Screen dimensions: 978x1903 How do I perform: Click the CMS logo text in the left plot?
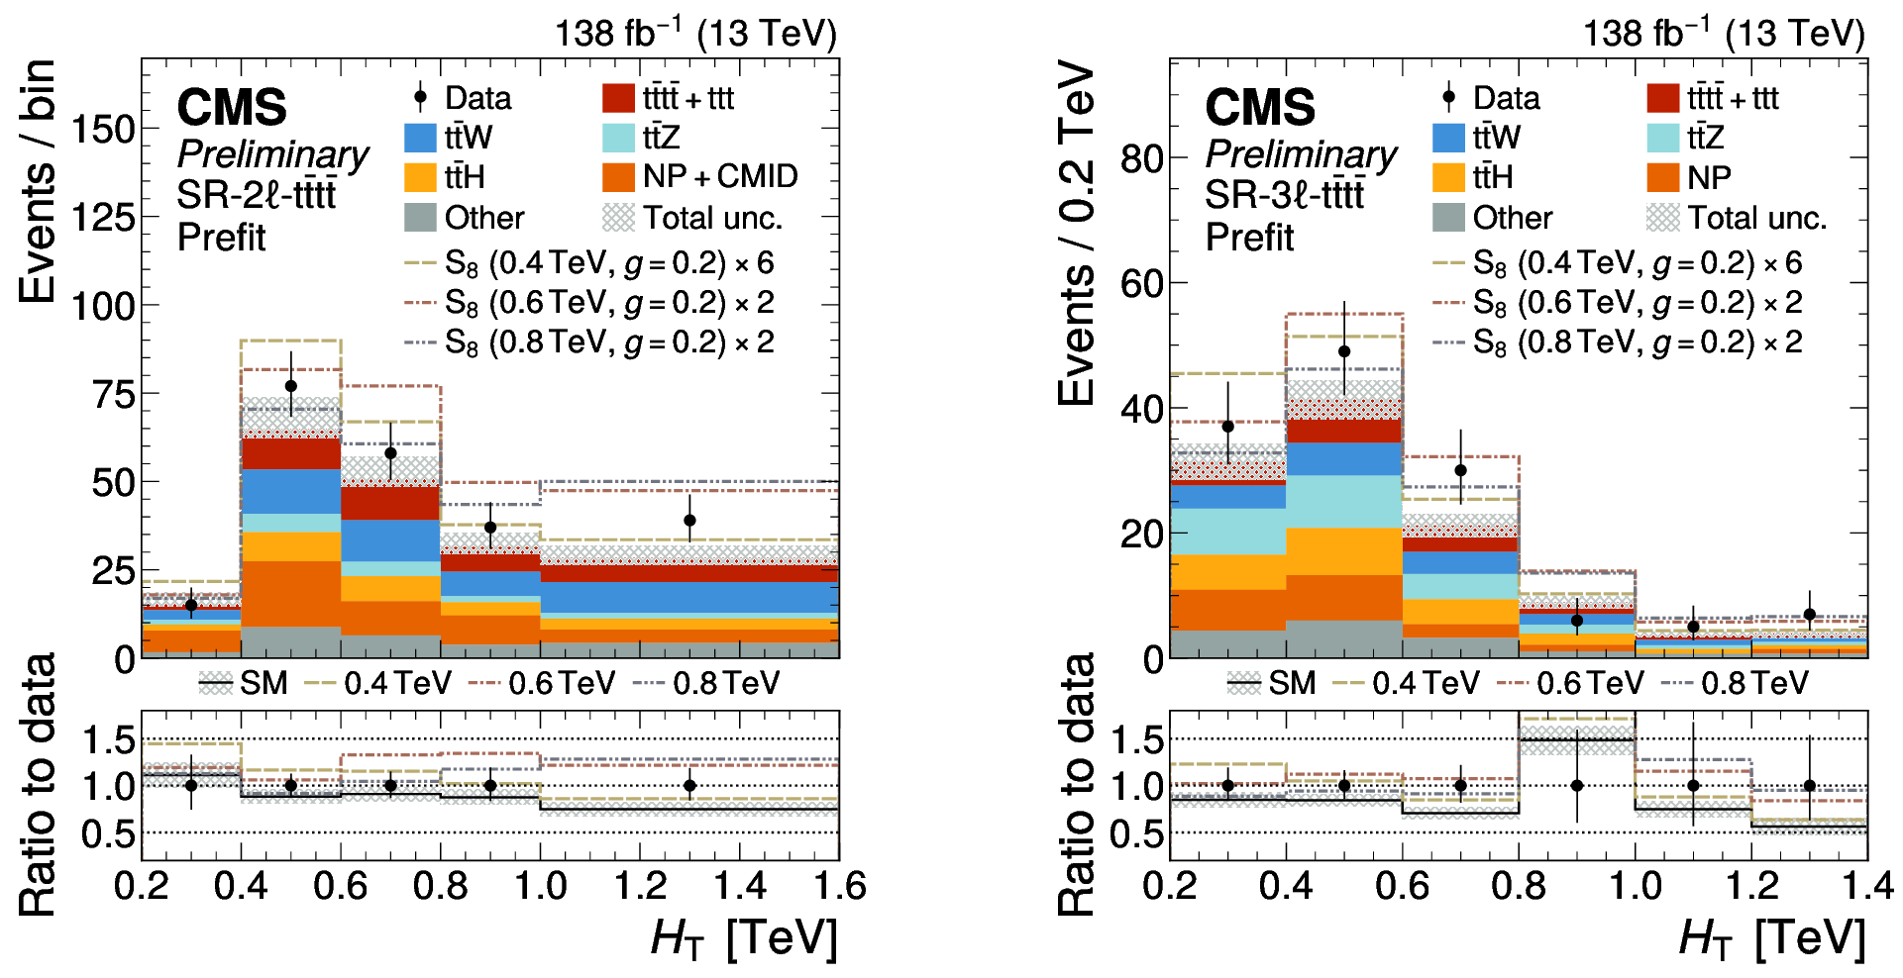[x=232, y=107]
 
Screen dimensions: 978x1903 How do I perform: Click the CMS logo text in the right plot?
[x=1260, y=107]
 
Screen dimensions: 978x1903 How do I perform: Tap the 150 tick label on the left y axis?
[x=103, y=129]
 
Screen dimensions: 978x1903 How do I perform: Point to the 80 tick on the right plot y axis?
[x=1141, y=157]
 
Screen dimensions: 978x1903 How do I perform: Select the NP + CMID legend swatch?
[x=618, y=177]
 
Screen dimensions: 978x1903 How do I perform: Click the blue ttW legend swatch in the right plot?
[x=1448, y=138]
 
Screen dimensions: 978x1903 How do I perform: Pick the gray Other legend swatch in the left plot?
[x=420, y=218]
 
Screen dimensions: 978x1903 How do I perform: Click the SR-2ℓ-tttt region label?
[x=257, y=195]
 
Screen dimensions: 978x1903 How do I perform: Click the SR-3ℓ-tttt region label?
[x=1284, y=195]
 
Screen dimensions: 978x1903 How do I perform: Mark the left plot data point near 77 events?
[x=291, y=386]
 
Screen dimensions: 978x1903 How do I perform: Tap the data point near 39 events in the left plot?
[x=689, y=520]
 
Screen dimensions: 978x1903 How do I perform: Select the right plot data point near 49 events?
[x=1344, y=351]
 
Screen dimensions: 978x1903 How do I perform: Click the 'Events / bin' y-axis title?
[x=38, y=181]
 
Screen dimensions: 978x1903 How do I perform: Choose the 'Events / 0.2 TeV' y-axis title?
[x=1076, y=235]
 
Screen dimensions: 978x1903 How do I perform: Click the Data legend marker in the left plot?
[x=420, y=98]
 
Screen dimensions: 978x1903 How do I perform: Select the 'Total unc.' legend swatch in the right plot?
[x=1663, y=218]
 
